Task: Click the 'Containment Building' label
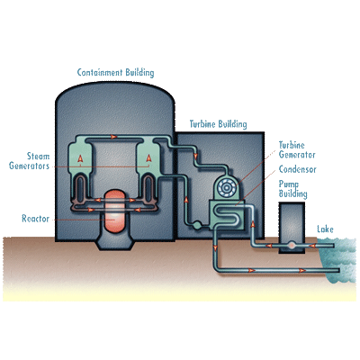tap(115, 73)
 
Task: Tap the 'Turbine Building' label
tap(219, 124)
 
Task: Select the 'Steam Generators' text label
tap(30, 161)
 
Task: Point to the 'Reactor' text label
tap(35, 219)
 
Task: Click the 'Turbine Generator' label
tap(297, 150)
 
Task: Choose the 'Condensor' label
tap(297, 169)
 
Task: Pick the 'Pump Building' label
tap(292, 189)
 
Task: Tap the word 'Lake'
tap(325, 229)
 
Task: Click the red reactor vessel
tap(114, 211)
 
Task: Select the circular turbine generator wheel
tap(227, 188)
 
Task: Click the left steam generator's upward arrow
tap(80, 158)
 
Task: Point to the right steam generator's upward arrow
tap(148, 158)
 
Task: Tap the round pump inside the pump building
tap(292, 246)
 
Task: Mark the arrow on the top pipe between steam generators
tap(113, 137)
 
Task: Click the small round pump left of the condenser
tap(196, 224)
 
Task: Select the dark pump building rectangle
tap(292, 228)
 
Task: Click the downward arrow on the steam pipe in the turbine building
tap(196, 157)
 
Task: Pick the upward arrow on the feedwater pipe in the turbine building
tap(186, 199)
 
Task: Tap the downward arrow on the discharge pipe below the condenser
tap(215, 248)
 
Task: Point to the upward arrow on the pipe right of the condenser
tap(253, 224)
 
